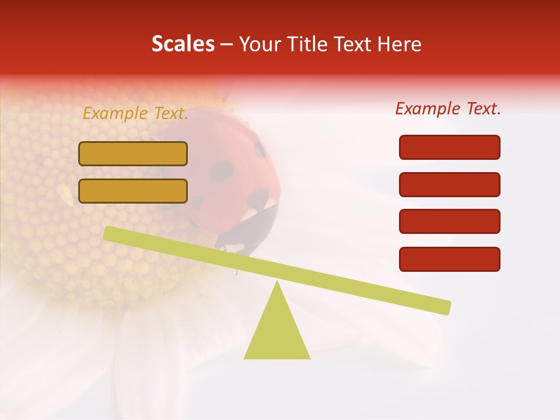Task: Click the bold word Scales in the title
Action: [183, 44]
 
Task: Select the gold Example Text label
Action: [135, 114]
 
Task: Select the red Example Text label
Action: [448, 108]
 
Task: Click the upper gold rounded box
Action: [133, 153]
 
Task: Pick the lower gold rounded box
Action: [133, 191]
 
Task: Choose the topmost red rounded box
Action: [449, 147]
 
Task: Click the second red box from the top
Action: [449, 184]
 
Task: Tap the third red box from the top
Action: [449, 222]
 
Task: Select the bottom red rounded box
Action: [449, 259]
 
